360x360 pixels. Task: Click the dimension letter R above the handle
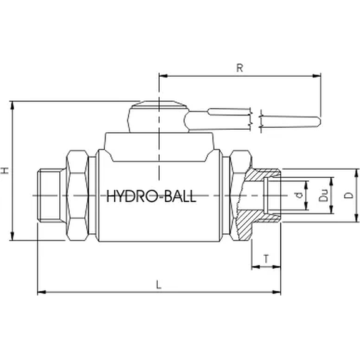point(239,68)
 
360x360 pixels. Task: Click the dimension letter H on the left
point(6,170)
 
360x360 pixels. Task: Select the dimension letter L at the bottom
point(159,285)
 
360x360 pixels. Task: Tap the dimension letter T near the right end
point(266,258)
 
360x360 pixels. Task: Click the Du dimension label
point(323,195)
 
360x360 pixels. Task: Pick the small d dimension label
point(299,195)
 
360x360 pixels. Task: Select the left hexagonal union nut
point(79,195)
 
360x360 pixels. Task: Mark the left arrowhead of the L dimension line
point(41,291)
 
